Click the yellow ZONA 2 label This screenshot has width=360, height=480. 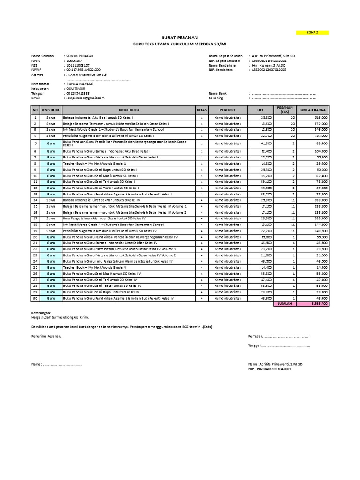click(x=312, y=32)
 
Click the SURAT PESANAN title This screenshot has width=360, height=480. click(x=180, y=37)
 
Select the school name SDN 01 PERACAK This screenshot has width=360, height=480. click(x=80, y=56)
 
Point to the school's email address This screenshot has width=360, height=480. click(x=85, y=98)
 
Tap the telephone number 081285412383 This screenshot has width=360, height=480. click(x=77, y=93)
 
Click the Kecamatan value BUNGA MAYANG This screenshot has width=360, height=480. click(x=80, y=84)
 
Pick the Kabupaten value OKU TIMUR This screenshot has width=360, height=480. click(x=76, y=89)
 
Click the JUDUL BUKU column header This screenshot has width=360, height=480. click(x=128, y=110)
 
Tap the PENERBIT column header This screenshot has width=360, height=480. click(x=227, y=110)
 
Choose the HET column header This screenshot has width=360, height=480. click(x=261, y=110)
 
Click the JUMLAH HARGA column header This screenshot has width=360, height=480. click(x=313, y=110)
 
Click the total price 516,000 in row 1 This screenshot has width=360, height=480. click(x=321, y=117)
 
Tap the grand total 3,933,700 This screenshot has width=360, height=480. click(x=320, y=304)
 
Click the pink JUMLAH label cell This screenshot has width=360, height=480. click(x=285, y=304)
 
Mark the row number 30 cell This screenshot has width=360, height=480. click(x=35, y=298)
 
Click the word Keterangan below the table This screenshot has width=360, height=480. click(x=42, y=313)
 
